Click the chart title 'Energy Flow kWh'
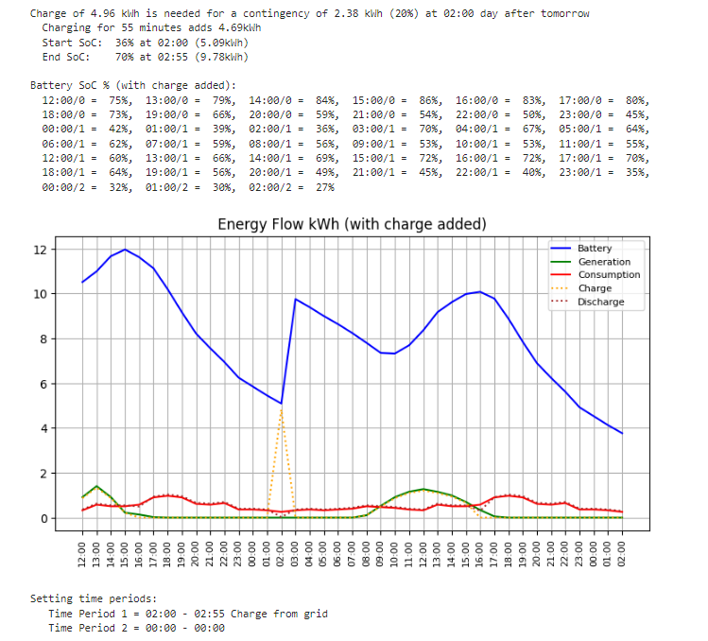tap(352, 224)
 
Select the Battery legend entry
tap(595, 249)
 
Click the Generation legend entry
tap(603, 262)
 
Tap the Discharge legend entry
tap(601, 303)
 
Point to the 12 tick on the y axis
tap(65, 250)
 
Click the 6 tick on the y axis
tap(68, 384)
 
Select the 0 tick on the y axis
tap(68, 518)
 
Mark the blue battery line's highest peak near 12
tap(125, 250)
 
